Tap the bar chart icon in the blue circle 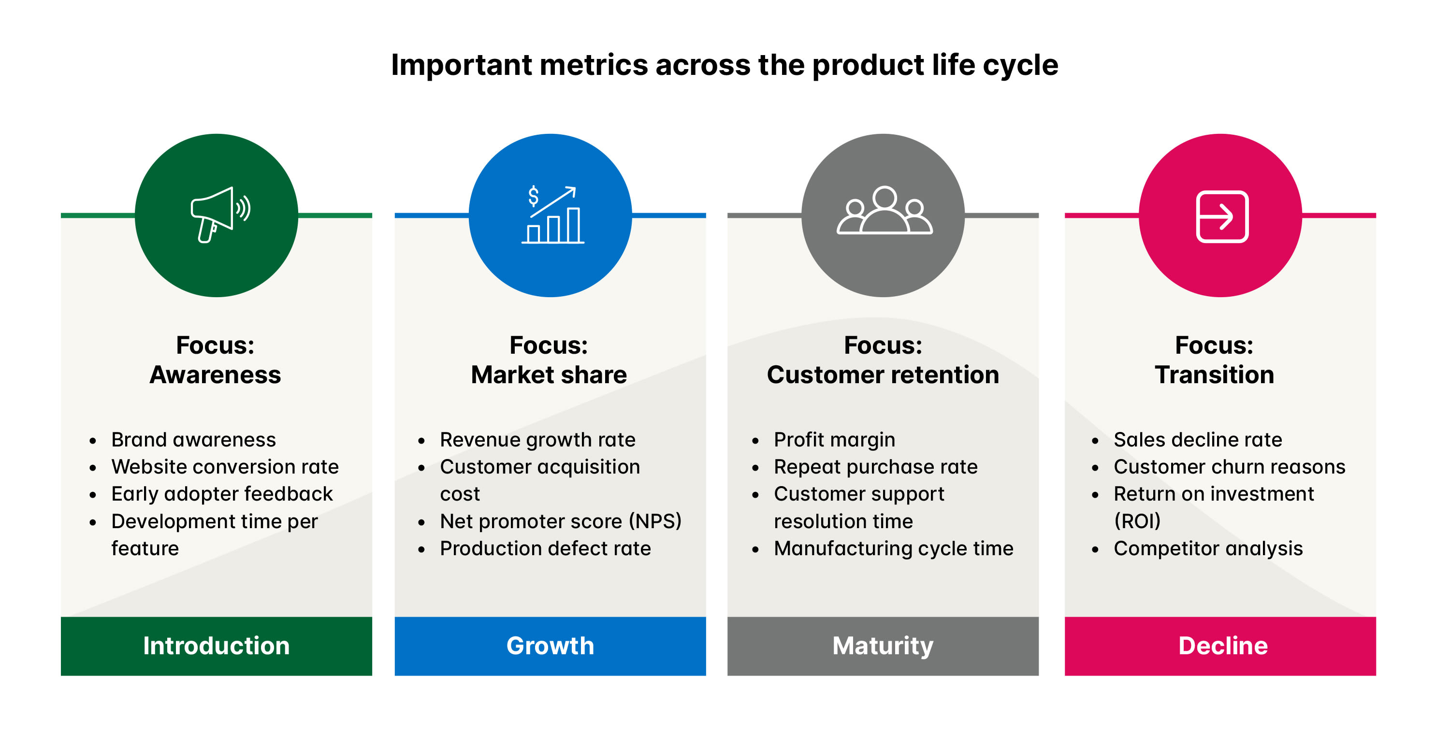point(552,216)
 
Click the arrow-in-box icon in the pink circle point(1222,216)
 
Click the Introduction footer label point(216,646)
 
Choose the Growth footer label point(550,646)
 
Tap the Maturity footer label point(883,646)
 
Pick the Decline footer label point(1223,646)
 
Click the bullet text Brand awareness point(193,440)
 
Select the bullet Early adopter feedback point(222,494)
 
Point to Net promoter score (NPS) point(560,521)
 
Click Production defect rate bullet point(545,549)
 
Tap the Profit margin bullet point(834,440)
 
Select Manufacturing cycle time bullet point(893,549)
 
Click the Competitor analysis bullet point(1208,549)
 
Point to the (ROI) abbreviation point(1137,521)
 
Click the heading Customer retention point(883,375)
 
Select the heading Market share point(549,375)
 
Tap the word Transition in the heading point(1214,375)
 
